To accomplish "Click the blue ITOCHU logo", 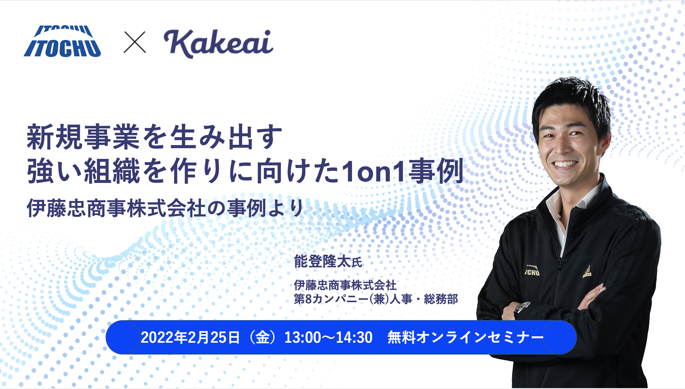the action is [62, 41].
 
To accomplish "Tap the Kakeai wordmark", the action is [218, 44].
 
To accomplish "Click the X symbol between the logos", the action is [135, 42].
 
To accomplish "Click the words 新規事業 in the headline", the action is [83, 137].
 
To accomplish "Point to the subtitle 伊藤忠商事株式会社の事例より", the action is [165, 208].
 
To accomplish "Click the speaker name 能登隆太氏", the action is [328, 261].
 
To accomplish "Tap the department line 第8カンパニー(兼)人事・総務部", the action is [376, 299].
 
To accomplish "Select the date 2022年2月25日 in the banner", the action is [190, 337].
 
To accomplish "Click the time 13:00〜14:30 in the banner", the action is [328, 337].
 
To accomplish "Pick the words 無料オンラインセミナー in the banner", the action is [465, 337].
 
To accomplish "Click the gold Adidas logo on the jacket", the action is [587, 272].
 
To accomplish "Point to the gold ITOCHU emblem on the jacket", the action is [532, 270].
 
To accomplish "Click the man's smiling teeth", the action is [564, 164].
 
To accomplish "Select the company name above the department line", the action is [345, 285].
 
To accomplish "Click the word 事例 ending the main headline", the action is [437, 171].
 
